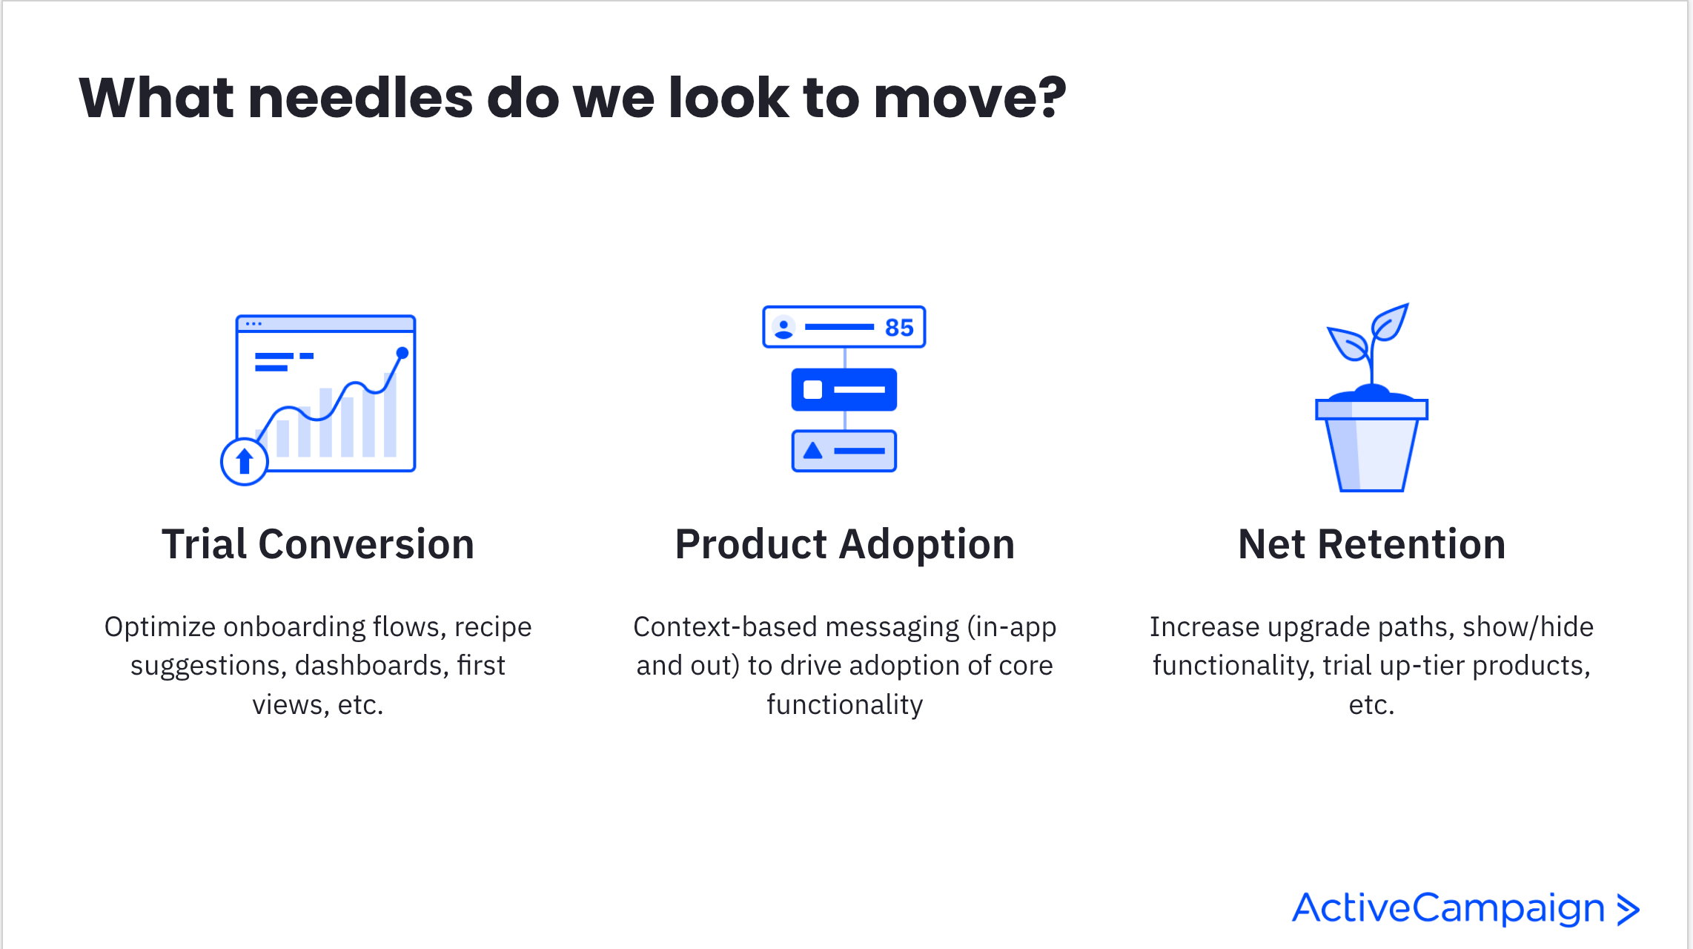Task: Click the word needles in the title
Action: [x=360, y=98]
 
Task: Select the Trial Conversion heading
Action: [x=318, y=544]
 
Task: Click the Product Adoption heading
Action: [x=845, y=544]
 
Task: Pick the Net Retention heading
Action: [x=1372, y=544]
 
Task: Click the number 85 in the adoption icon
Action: [x=899, y=328]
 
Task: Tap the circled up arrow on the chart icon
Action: [x=244, y=461]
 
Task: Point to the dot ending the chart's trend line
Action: [x=402, y=353]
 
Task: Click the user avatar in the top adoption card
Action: [x=783, y=328]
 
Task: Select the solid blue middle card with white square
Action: [x=844, y=389]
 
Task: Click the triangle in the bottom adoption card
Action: [x=813, y=450]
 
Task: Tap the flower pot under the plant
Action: [x=1372, y=445]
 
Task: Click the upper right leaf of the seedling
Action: [x=1389, y=322]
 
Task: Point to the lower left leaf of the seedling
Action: [x=1348, y=343]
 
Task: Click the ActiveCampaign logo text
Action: [x=1448, y=908]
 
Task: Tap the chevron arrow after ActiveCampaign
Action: [x=1628, y=910]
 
